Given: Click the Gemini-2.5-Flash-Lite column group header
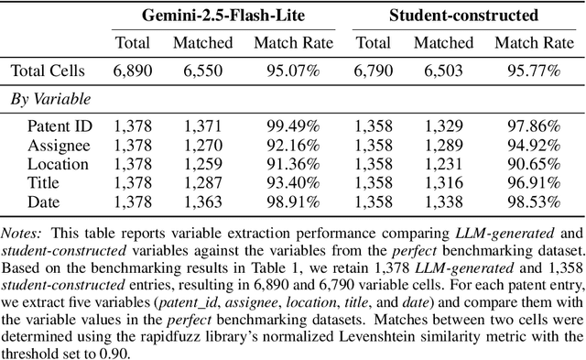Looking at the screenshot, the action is click(210, 15).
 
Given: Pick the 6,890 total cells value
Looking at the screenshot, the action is click(133, 70).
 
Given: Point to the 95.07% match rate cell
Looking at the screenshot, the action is click(283, 70).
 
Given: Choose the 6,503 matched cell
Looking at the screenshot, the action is click(443, 70).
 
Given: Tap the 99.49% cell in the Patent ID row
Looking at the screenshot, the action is click(283, 125).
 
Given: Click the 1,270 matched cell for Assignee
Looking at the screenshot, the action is click(202, 145).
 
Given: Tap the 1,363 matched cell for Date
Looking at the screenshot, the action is click(202, 204).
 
